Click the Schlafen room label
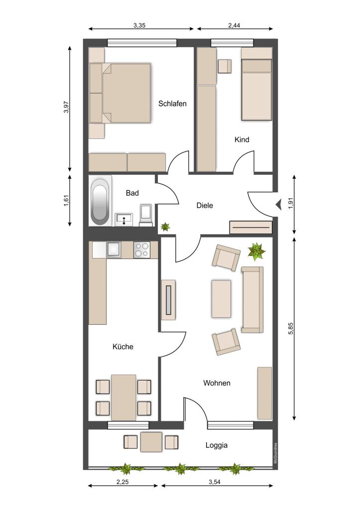point(172,104)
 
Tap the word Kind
point(241,139)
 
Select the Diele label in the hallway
point(205,205)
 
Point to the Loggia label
point(216,445)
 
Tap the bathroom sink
point(123,219)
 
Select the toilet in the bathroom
point(146,215)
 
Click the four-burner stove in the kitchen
point(142,250)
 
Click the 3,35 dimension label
point(139,25)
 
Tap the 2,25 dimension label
point(122,482)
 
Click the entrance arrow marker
point(278,204)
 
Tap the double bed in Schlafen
point(126,93)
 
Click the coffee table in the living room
point(221,299)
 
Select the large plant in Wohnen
point(256,252)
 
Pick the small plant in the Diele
point(165,227)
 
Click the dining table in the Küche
point(123,397)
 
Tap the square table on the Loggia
point(151,442)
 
